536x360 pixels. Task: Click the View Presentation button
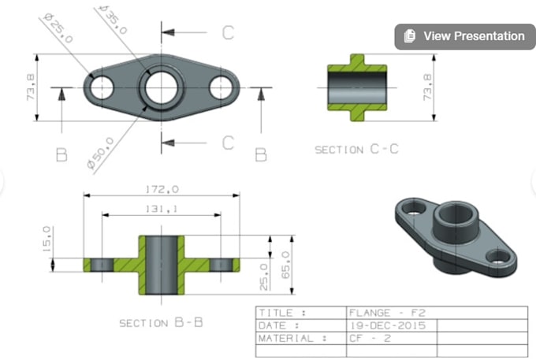[463, 36]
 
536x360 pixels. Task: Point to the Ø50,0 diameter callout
[99, 153]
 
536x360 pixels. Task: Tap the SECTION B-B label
[155, 323]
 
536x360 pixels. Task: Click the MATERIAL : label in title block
[292, 338]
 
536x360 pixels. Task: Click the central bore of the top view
[162, 86]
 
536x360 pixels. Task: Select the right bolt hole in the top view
[223, 87]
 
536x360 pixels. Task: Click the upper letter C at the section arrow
[227, 33]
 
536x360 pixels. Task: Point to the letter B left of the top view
[61, 154]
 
